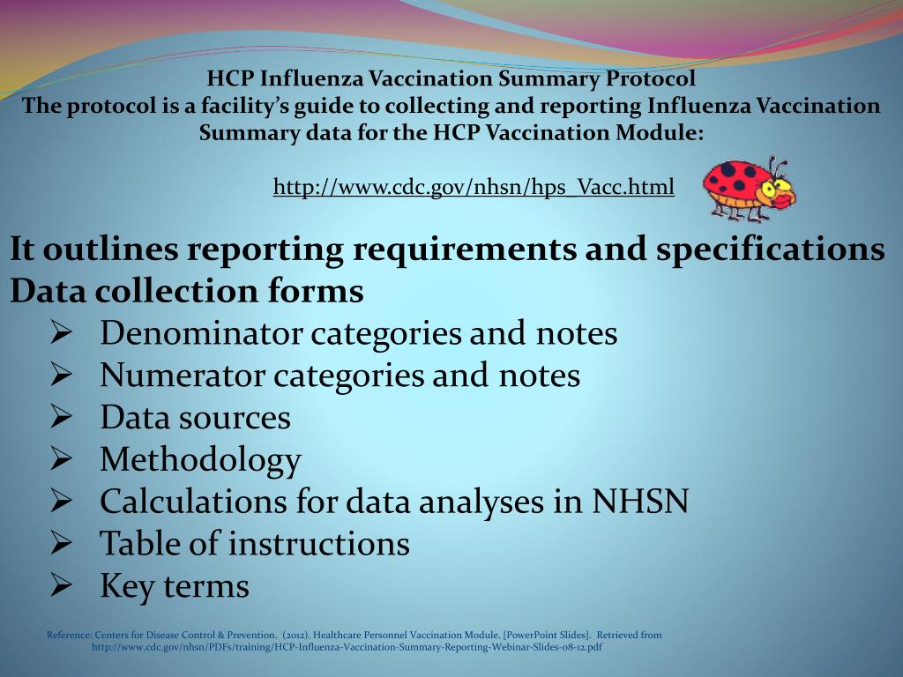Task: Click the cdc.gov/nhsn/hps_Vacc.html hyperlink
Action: click(474, 187)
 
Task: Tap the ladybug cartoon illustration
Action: click(749, 188)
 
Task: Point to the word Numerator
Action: click(183, 376)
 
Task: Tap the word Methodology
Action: click(200, 459)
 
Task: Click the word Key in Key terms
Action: click(125, 585)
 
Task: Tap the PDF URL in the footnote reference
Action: click(347, 647)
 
